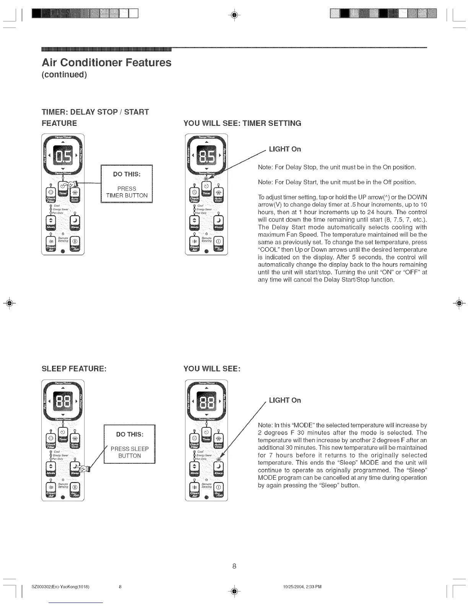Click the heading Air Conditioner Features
(106, 62)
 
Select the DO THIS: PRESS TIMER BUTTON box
(127, 184)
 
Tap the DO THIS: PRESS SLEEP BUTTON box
(130, 445)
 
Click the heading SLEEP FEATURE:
(74, 369)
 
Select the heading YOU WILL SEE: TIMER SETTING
(242, 123)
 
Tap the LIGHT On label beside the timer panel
(285, 149)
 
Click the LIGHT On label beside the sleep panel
(285, 400)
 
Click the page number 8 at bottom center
(234, 566)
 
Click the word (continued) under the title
(64, 74)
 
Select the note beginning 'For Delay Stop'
(337, 167)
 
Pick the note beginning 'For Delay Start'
(337, 182)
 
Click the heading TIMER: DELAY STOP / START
(95, 112)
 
